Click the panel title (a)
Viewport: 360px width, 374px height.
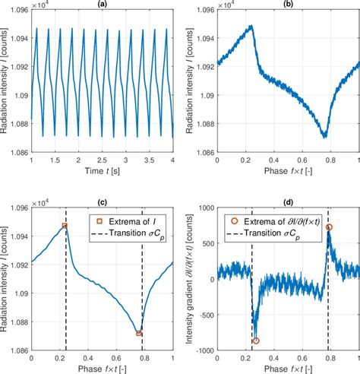(x=102, y=5)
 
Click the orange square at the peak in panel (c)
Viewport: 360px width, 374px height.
(x=65, y=226)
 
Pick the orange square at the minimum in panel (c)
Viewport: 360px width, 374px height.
(x=139, y=333)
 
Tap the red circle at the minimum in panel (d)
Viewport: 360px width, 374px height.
(x=256, y=341)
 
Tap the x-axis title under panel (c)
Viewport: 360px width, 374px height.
(x=102, y=368)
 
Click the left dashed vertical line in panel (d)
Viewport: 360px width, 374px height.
(x=252, y=289)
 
